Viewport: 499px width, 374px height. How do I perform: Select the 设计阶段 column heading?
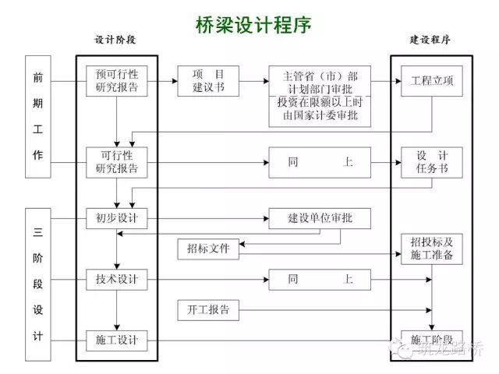116,40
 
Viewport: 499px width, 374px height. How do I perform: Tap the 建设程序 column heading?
430,40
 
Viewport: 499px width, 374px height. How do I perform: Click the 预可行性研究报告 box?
117,81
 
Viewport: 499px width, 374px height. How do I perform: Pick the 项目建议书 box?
208,81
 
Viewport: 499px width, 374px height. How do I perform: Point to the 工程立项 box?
426,81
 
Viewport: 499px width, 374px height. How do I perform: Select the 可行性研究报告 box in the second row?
117,161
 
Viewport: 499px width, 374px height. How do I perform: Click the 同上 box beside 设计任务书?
320,162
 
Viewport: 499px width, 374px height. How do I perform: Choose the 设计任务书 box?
426,161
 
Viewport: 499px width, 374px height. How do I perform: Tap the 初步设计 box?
117,218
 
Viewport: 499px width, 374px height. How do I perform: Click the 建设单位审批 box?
320,218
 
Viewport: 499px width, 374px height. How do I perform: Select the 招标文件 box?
208,249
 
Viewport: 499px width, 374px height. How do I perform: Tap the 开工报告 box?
208,309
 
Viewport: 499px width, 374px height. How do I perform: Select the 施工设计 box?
117,340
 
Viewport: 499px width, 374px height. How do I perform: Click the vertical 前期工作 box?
38,116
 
